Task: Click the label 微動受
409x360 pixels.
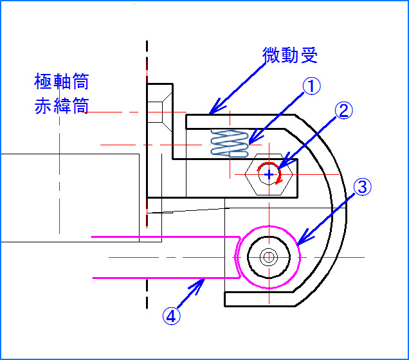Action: [x=290, y=55]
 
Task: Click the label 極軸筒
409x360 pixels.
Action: [x=61, y=82]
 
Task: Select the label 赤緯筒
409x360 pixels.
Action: [x=61, y=105]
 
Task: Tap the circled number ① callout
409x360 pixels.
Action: [x=311, y=87]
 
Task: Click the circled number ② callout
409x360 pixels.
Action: [x=343, y=111]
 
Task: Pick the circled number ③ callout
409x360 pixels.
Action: [x=361, y=187]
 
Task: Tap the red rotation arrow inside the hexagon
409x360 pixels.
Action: [x=278, y=177]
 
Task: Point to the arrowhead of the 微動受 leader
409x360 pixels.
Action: [x=214, y=111]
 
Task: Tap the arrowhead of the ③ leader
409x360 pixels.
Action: [x=299, y=243]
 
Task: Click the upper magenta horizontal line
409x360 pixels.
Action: [x=161, y=237]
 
